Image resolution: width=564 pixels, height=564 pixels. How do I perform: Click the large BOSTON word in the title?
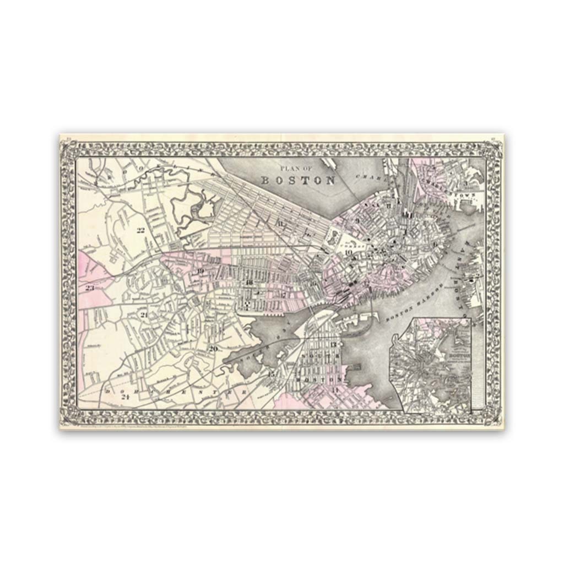point(298,180)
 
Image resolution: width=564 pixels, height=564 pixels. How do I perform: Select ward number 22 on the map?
point(140,231)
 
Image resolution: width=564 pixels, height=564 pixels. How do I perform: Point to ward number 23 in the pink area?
point(90,288)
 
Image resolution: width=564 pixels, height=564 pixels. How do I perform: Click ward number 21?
point(144,315)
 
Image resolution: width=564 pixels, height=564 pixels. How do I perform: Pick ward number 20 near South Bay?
point(213,348)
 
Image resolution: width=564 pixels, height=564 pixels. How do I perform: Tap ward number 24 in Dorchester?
point(126,396)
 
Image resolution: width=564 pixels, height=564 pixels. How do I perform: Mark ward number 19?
point(200,271)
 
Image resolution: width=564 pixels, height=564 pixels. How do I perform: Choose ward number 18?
point(249,283)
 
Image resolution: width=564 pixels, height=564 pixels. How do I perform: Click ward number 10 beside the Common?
point(348,253)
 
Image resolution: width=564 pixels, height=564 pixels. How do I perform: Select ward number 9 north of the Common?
point(357,221)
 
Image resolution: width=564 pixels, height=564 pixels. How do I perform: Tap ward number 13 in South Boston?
point(333,344)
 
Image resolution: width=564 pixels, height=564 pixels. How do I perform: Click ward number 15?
point(271,375)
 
